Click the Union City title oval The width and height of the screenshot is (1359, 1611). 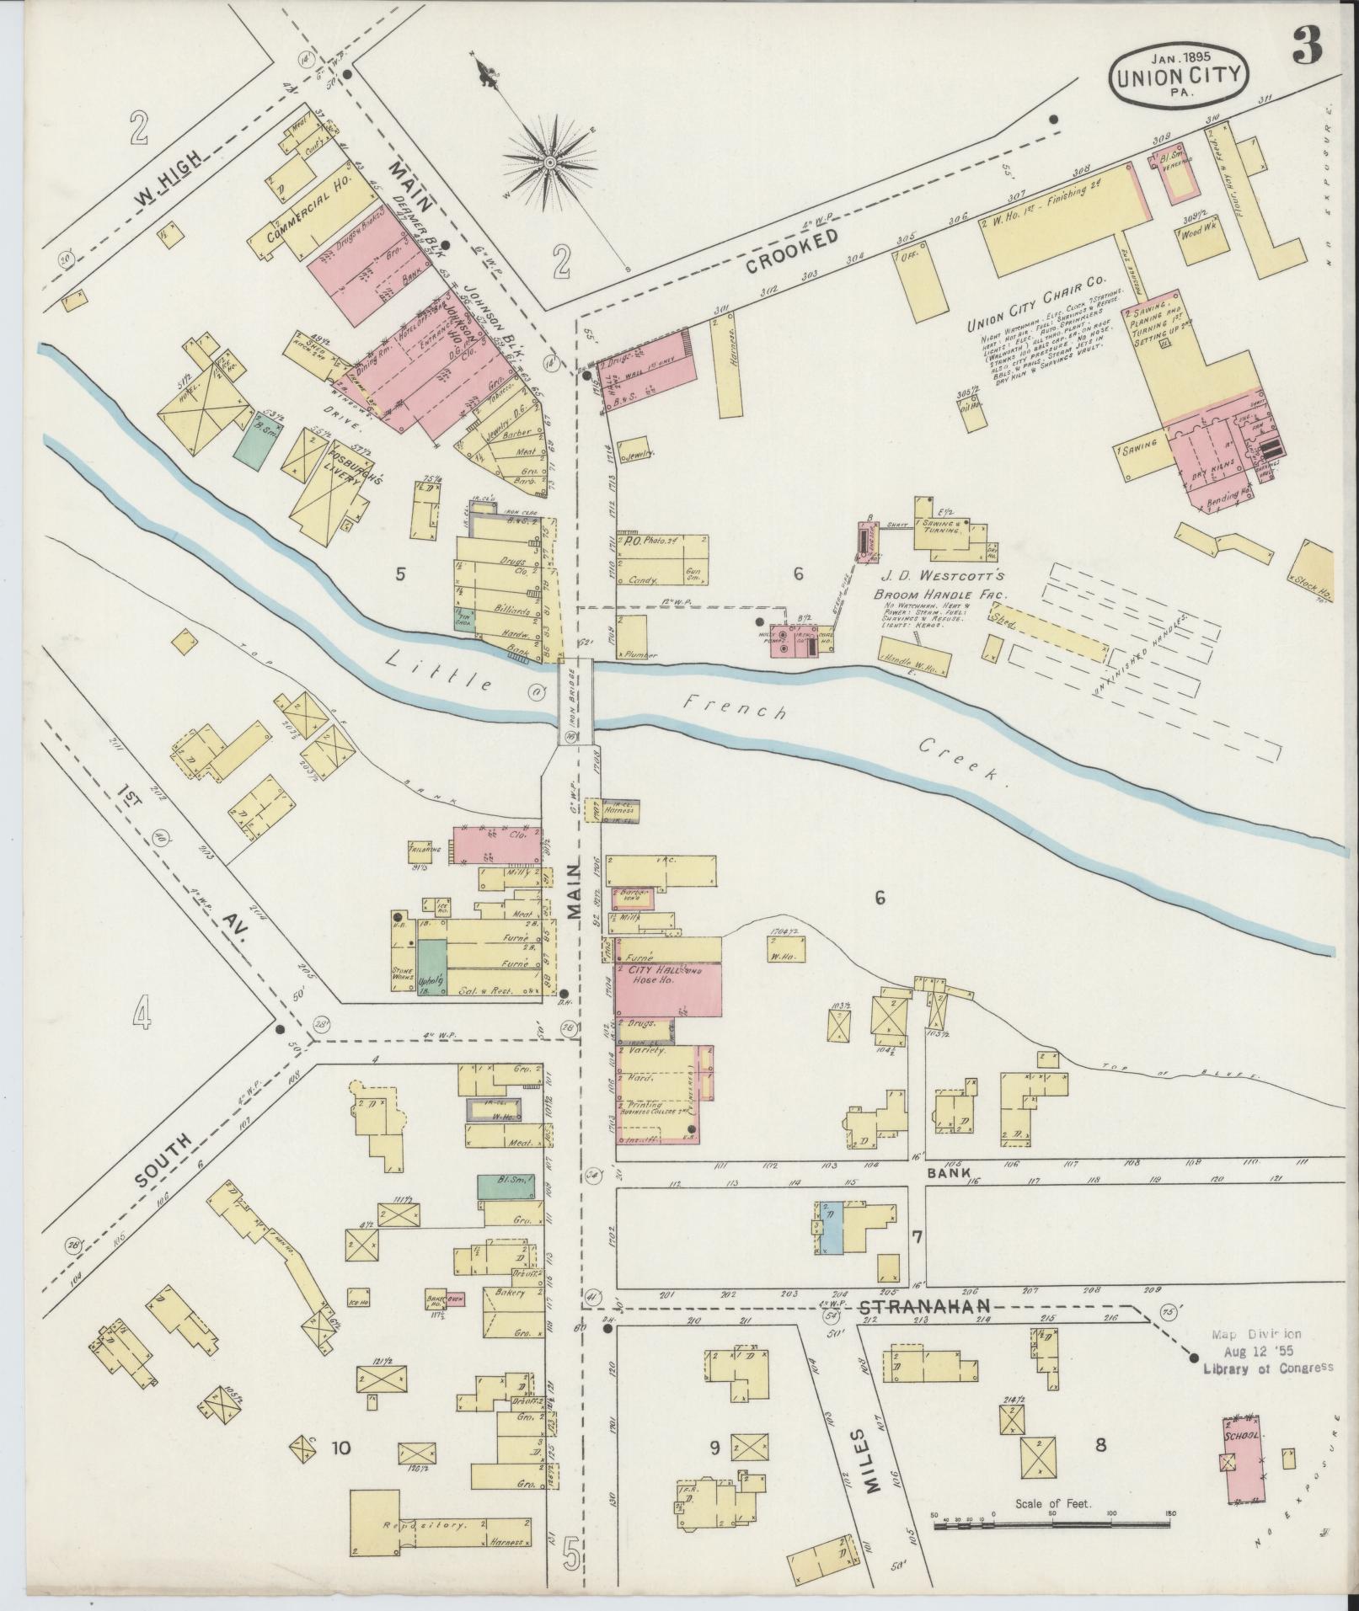click(1178, 76)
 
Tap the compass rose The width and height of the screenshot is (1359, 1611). click(548, 160)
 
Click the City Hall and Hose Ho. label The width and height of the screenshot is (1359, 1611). click(666, 976)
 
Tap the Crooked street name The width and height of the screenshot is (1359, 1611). click(793, 250)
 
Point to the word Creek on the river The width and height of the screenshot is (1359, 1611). click(961, 760)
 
